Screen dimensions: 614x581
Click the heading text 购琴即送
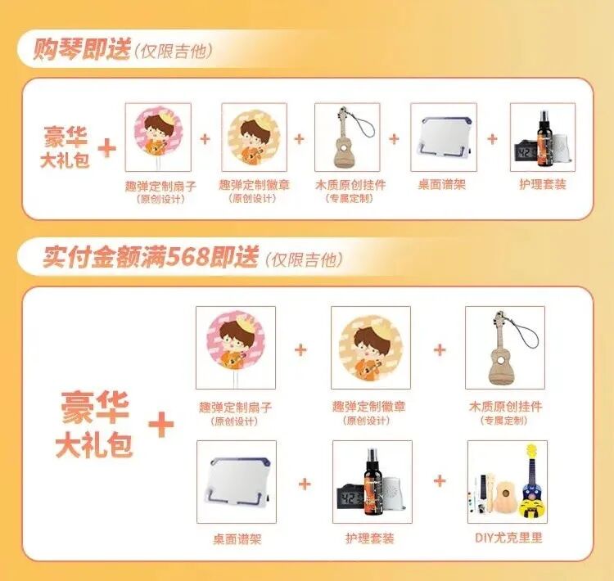tap(81, 49)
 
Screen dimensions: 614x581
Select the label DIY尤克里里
tap(508, 538)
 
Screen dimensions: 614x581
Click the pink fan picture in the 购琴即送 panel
tap(158, 136)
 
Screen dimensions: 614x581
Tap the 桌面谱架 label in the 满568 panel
tap(237, 539)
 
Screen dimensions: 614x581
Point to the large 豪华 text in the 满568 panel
tap(95, 408)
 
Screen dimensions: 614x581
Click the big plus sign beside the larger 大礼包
tap(161, 424)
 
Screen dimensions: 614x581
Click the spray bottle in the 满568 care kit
tap(372, 484)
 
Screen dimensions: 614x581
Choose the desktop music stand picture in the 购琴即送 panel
tap(444, 137)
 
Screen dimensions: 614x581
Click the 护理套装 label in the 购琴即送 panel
tap(543, 184)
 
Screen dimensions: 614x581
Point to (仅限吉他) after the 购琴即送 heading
tap(173, 51)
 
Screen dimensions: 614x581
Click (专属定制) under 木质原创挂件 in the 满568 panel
tap(504, 421)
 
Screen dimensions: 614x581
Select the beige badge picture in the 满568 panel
tap(371, 348)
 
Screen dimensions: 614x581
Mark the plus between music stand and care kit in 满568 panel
tap(305, 484)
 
